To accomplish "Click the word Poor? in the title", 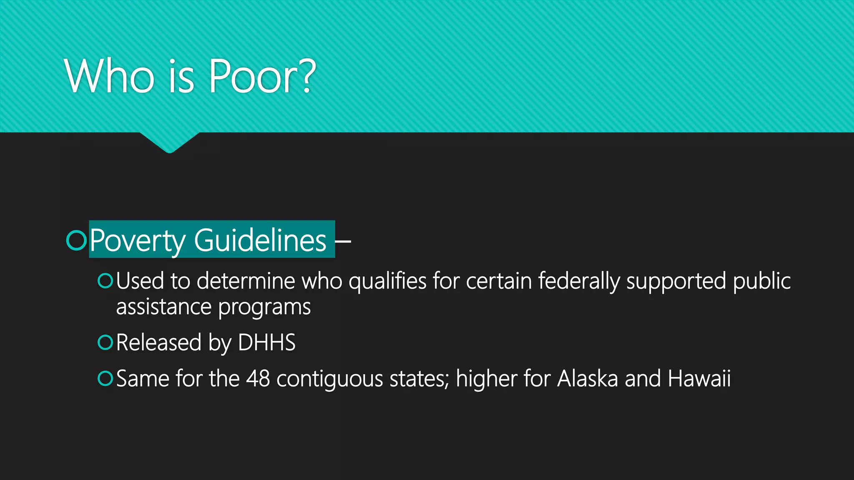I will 262,76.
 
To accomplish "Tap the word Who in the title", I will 110,76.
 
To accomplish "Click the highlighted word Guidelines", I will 260,240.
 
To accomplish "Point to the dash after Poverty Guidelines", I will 343,241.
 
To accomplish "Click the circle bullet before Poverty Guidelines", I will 76,240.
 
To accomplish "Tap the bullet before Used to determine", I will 105,281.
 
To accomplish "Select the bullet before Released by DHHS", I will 105,342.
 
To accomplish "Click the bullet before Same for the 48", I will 105,378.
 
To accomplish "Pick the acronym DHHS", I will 266,342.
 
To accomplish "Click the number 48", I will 258,378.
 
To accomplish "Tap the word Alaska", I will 587,378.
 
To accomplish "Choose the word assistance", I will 164,307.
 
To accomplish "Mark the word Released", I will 159,342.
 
